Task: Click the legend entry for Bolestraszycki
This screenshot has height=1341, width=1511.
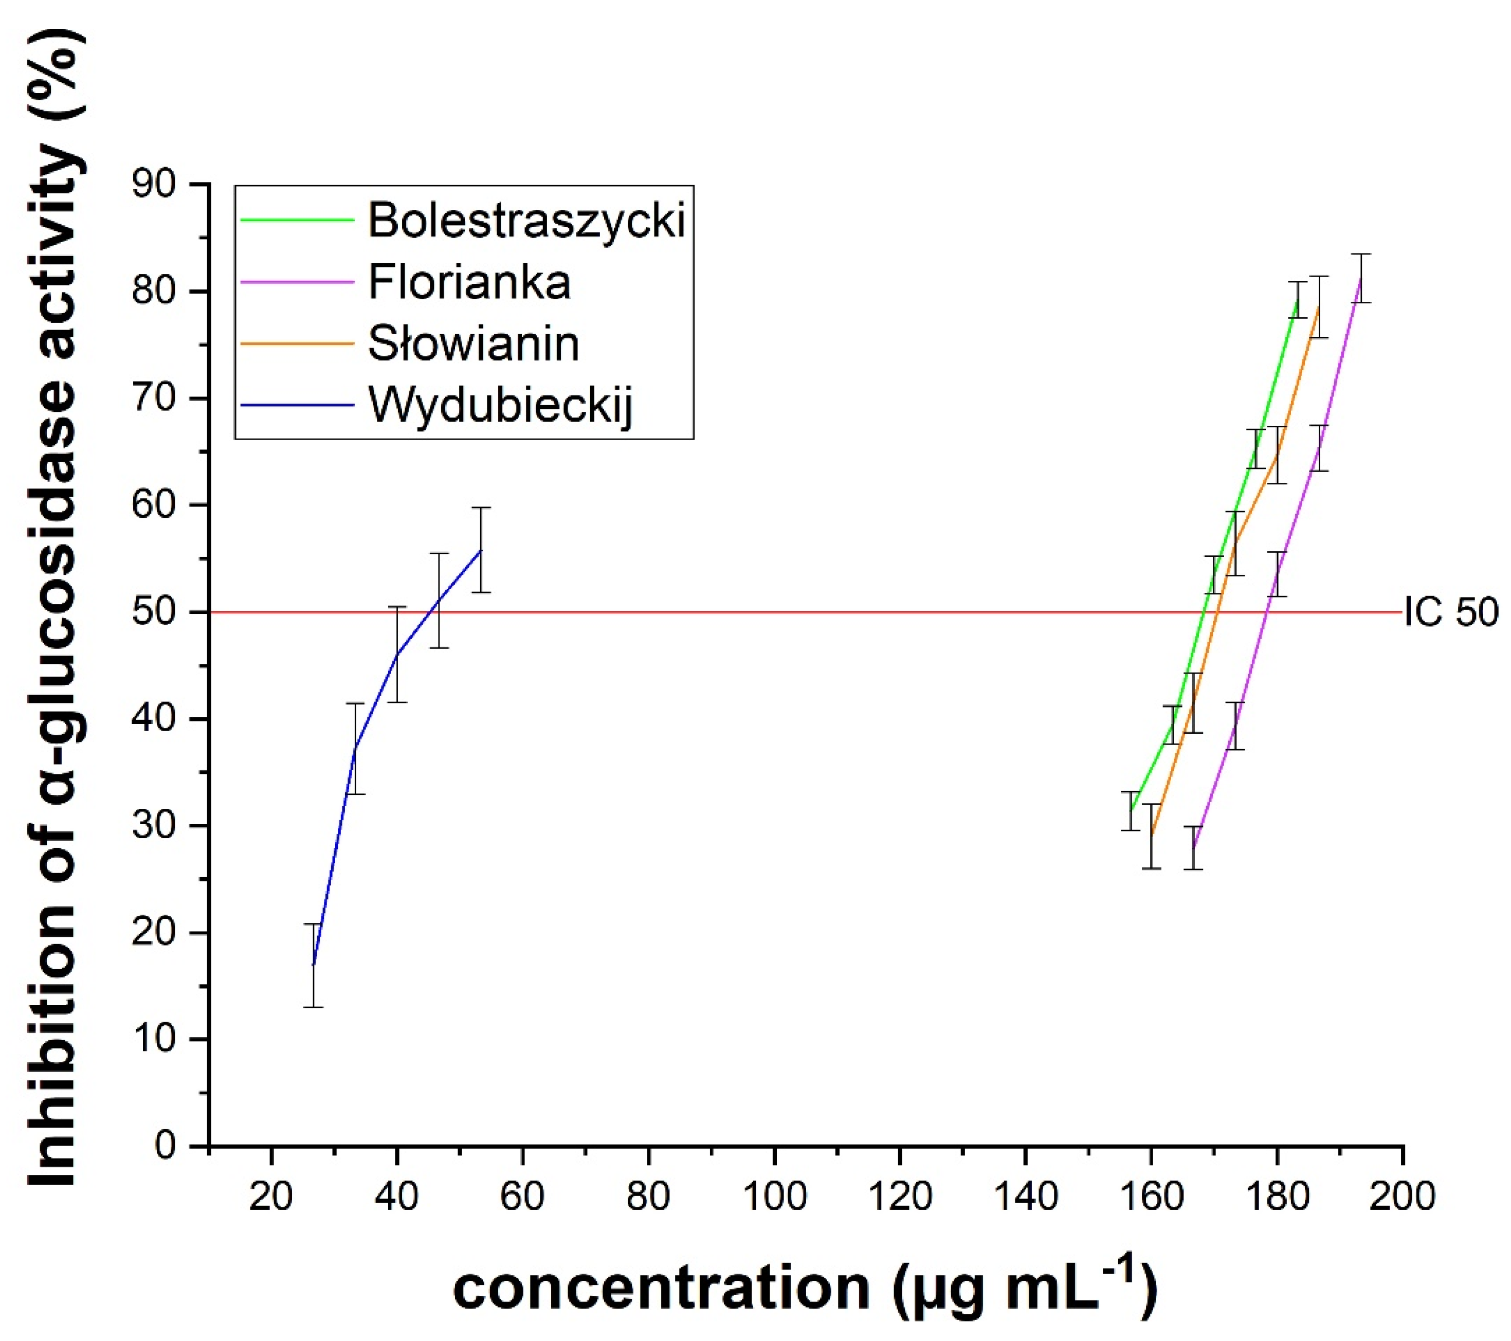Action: (x=526, y=220)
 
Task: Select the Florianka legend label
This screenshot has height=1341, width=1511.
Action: (x=469, y=282)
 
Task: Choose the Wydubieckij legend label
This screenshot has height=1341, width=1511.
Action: (x=500, y=406)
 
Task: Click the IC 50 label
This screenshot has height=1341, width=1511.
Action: (x=1450, y=612)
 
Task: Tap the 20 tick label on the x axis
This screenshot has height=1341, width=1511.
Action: (x=271, y=1195)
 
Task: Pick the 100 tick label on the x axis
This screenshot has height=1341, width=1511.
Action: (x=774, y=1195)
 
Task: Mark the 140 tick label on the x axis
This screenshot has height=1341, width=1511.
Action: (x=1025, y=1195)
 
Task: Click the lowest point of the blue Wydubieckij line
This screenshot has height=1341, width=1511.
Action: (x=314, y=965)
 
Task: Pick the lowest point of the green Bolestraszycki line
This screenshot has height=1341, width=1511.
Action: (x=1130, y=811)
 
